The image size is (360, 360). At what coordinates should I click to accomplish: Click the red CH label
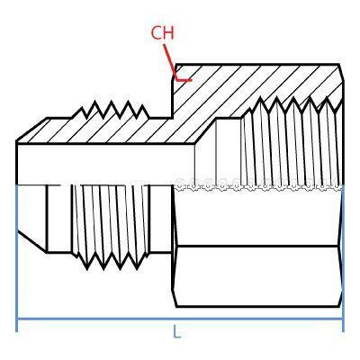coord(162,32)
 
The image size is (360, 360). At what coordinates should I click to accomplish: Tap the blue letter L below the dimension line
coord(177,332)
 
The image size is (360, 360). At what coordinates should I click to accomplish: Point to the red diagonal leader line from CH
coord(170,62)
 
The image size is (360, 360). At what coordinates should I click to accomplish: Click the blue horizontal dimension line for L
coord(179,319)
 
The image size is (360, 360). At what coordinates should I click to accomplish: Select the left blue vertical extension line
coord(16,258)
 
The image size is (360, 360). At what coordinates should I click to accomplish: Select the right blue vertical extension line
coord(343,258)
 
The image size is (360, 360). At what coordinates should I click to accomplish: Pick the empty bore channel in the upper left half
coord(105,165)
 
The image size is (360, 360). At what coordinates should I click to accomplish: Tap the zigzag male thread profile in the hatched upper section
coord(111,110)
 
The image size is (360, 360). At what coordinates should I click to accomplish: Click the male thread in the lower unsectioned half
coord(111,227)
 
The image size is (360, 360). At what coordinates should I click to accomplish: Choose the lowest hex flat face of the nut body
coord(258,276)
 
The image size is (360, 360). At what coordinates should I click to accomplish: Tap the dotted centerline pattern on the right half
coord(258,184)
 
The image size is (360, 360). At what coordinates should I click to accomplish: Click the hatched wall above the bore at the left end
coord(45,132)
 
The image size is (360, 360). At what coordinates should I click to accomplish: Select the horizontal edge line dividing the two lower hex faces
coord(258,247)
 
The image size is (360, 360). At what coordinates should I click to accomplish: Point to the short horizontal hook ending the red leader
coord(184,80)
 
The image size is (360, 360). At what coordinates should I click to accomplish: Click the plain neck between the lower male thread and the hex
coord(160,219)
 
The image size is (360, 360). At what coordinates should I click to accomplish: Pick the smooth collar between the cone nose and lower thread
coord(59,219)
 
